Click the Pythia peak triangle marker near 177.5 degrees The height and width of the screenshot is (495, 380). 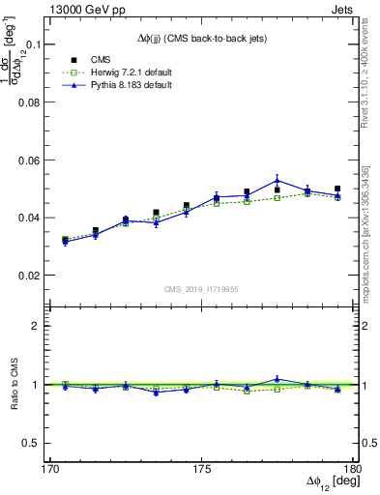point(277,180)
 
